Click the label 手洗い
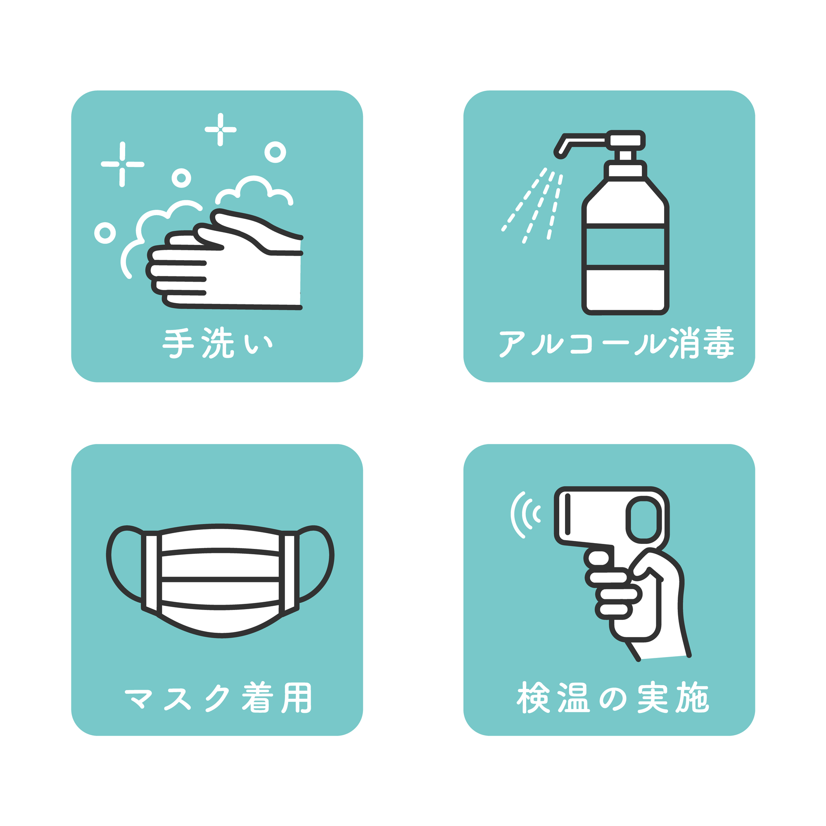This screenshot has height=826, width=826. coord(217,343)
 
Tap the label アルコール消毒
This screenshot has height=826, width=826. coord(616,343)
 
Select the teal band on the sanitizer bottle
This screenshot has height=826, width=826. coord(625,247)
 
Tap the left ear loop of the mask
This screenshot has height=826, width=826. coord(124,564)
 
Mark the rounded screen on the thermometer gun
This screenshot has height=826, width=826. coord(643,520)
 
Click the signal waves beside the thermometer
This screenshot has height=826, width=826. coord(526,515)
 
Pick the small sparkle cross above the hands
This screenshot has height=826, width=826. coord(220,129)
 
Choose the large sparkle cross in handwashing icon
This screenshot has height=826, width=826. coord(122,164)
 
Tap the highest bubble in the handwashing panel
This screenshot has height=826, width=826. coord(275,152)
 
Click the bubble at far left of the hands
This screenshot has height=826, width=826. coord(105,233)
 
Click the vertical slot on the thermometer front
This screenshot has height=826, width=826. coord(568,514)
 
